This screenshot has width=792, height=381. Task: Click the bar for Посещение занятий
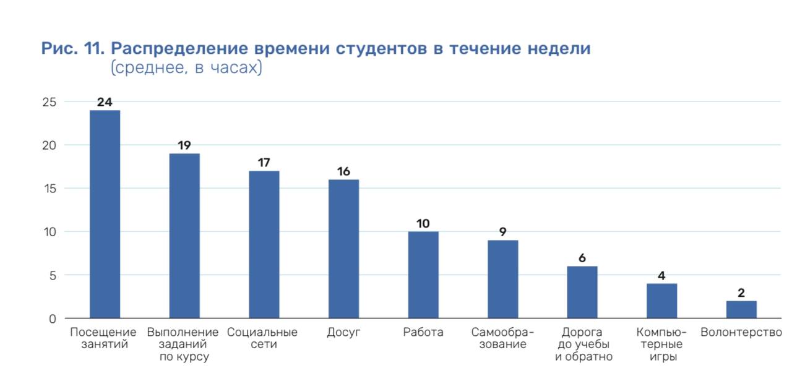pos(105,214)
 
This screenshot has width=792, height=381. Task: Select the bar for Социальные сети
pos(264,244)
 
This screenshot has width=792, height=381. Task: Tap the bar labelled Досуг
pos(343,249)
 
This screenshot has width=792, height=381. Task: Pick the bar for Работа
pos(423,275)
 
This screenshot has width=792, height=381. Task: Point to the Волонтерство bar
pos(741,309)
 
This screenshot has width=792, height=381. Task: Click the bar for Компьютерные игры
pos(661,301)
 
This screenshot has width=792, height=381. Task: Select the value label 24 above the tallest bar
pos(105,102)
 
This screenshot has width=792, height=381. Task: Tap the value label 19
pos(184,145)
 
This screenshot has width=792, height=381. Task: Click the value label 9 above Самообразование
pos(502,232)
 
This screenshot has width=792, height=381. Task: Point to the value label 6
pos(582,258)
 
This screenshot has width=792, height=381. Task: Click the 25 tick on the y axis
pos(49,102)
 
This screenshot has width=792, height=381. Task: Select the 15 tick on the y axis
pos(49,189)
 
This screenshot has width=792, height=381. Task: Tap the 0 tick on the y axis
pos(53,319)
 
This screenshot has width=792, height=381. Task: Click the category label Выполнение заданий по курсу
pos(183,345)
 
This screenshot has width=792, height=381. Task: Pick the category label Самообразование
pos(502,338)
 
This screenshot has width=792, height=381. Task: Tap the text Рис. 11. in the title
pos(73,49)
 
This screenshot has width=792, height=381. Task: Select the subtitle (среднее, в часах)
pos(186,68)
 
